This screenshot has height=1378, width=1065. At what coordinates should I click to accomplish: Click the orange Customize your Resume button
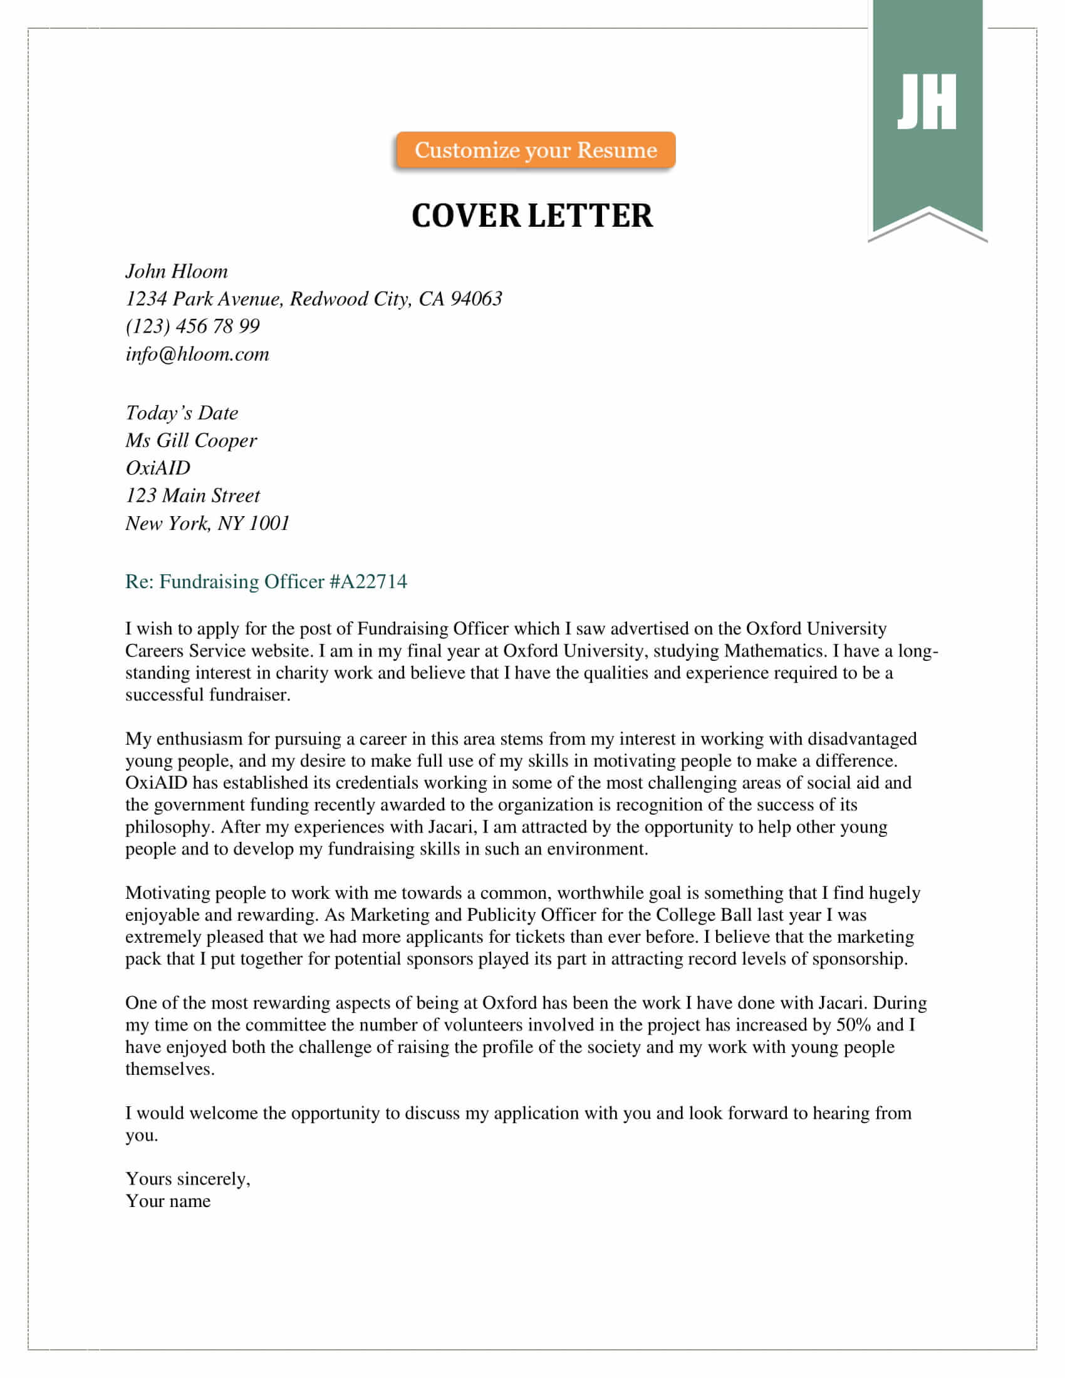click(x=535, y=150)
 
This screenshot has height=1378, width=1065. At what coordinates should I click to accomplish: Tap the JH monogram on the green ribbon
click(x=927, y=101)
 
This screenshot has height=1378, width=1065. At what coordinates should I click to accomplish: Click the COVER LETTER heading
click(x=532, y=216)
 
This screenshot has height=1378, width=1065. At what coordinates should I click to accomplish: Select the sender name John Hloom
click(x=177, y=271)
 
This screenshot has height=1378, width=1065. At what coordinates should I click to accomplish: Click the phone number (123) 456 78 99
click(x=192, y=326)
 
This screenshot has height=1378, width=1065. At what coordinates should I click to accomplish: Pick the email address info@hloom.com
click(x=197, y=354)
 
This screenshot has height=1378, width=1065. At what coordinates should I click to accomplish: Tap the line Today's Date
click(x=182, y=413)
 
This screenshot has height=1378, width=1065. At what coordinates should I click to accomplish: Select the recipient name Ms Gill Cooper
click(x=190, y=440)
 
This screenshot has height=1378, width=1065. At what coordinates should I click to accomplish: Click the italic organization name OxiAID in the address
click(x=158, y=468)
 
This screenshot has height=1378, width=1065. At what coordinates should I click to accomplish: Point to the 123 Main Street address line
click(x=192, y=495)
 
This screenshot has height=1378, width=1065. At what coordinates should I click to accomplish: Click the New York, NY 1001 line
click(x=207, y=523)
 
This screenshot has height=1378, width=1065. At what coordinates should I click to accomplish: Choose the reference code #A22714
click(x=368, y=581)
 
